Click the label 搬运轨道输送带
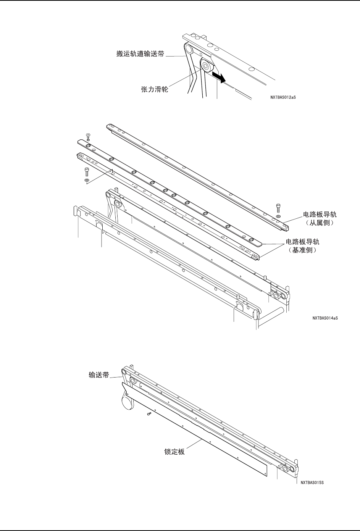click(140, 54)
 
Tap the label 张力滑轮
click(155, 90)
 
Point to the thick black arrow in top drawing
click(219, 76)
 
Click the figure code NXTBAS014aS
click(325, 317)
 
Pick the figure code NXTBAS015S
click(312, 482)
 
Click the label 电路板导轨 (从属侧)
click(320, 215)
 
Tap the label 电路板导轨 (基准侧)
click(303, 242)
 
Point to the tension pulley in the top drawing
click(206, 66)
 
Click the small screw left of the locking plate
click(149, 413)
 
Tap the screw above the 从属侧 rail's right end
click(278, 208)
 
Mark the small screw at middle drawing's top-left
click(88, 136)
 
